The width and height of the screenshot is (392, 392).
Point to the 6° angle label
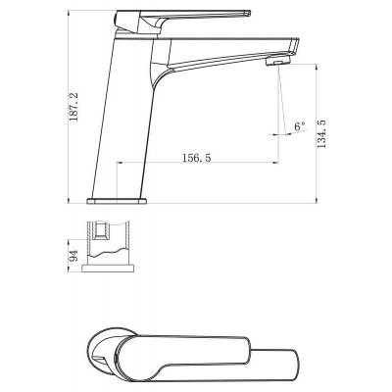[x=299, y=126]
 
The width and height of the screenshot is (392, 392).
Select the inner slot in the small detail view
[x=102, y=235]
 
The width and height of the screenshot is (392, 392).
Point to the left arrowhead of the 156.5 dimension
[x=122, y=163]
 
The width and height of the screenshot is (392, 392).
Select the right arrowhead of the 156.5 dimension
[x=278, y=163]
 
